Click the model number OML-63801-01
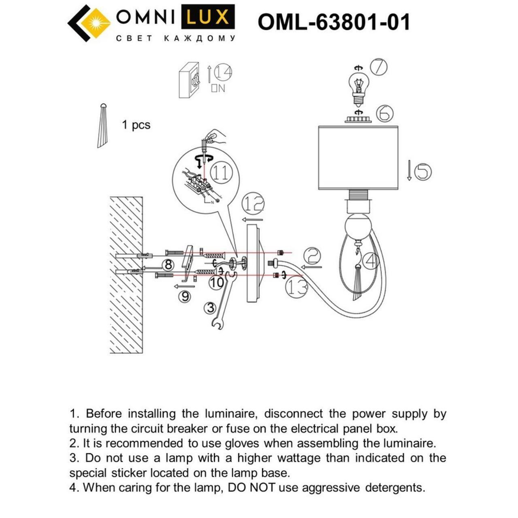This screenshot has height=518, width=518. coord(334,22)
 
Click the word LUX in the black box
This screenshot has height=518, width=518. coord(206,18)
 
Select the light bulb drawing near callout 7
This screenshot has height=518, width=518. coord(357,85)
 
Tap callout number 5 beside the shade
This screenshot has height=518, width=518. coord(423,170)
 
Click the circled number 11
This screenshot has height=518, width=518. coord(221,175)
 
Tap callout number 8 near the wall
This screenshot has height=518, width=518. coord(167,265)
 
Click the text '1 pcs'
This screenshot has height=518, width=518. coord(136,125)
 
